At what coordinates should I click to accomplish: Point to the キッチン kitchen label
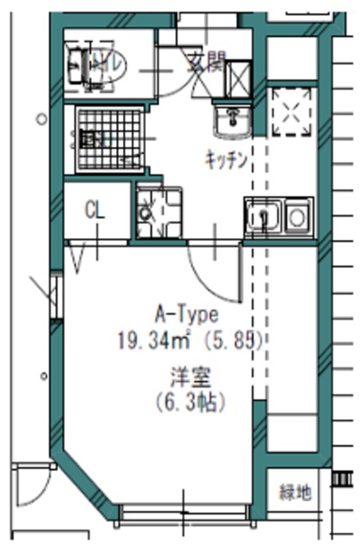(x=227, y=159)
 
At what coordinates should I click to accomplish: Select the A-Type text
(x=186, y=314)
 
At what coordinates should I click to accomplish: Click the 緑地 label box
(x=296, y=493)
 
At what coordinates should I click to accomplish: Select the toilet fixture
(x=96, y=64)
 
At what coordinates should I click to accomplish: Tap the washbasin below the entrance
(x=230, y=122)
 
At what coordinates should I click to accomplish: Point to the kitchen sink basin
(x=260, y=217)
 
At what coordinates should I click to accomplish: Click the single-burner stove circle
(x=297, y=217)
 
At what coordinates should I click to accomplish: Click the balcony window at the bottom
(x=183, y=513)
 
